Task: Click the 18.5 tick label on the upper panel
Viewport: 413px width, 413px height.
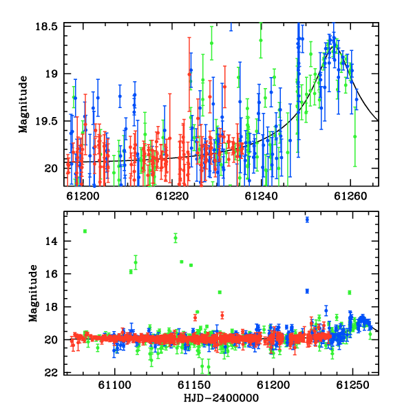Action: [46, 27]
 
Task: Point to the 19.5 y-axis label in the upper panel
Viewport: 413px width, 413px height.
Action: [46, 121]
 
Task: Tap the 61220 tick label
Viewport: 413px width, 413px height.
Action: [172, 196]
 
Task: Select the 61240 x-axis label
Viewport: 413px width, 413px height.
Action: [262, 196]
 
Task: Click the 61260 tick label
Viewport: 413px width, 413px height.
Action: [350, 196]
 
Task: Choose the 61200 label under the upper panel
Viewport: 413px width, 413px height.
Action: [83, 196]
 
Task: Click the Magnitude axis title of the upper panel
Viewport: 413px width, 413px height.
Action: [23, 105]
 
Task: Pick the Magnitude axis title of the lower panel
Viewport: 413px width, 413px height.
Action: [33, 293]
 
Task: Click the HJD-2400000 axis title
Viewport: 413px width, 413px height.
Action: [221, 398]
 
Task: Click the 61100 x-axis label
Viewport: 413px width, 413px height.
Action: [114, 385]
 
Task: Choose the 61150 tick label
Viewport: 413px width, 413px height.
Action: [194, 385]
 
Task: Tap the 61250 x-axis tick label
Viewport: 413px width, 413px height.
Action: [353, 385]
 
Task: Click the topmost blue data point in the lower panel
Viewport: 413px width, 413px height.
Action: [307, 220]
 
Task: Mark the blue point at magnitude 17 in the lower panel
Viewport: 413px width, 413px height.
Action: [307, 291]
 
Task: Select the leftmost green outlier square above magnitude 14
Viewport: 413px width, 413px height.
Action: [85, 231]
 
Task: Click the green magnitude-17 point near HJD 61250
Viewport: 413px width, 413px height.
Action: [350, 293]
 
